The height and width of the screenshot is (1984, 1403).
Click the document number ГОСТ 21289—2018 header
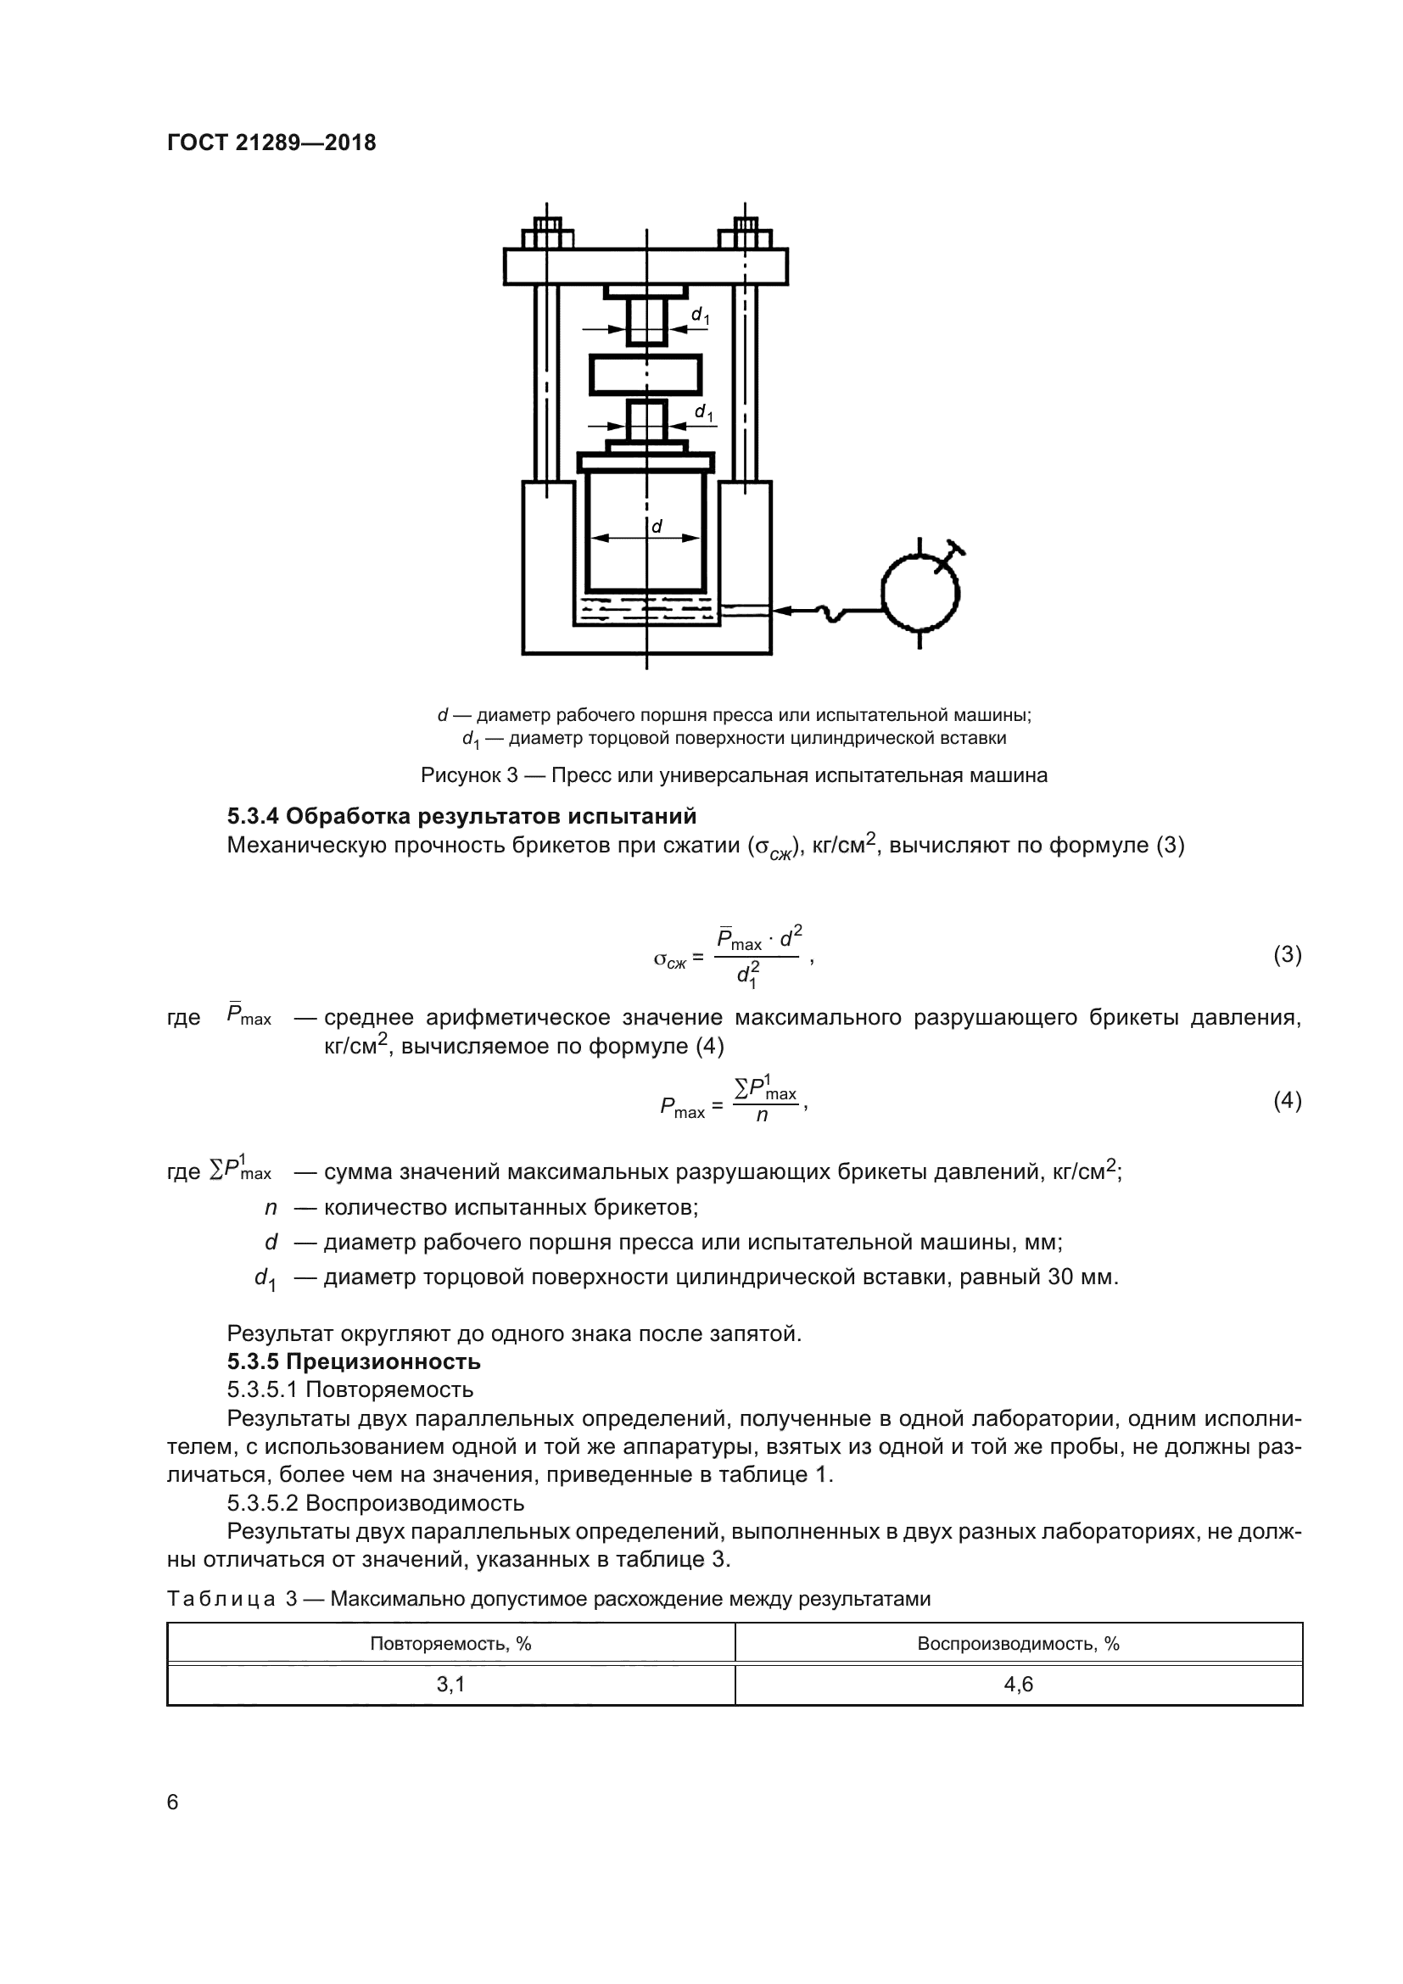[271, 143]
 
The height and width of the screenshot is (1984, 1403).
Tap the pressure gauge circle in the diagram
[920, 593]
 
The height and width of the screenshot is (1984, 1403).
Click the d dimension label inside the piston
[657, 525]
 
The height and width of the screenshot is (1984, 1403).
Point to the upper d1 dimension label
[701, 316]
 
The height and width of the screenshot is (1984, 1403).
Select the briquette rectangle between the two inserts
[646, 375]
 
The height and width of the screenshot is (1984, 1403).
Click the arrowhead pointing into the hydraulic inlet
[782, 611]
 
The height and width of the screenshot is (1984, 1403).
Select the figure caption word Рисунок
[462, 775]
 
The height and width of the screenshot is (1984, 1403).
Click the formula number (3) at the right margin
[1288, 955]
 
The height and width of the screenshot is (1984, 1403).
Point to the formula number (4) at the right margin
[1288, 1101]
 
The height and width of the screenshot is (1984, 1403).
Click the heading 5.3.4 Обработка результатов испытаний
[461, 816]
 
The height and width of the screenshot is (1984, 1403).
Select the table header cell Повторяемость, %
[450, 1644]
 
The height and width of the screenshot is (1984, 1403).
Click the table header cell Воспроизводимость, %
[1018, 1644]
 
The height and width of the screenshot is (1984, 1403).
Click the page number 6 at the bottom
[172, 1802]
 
